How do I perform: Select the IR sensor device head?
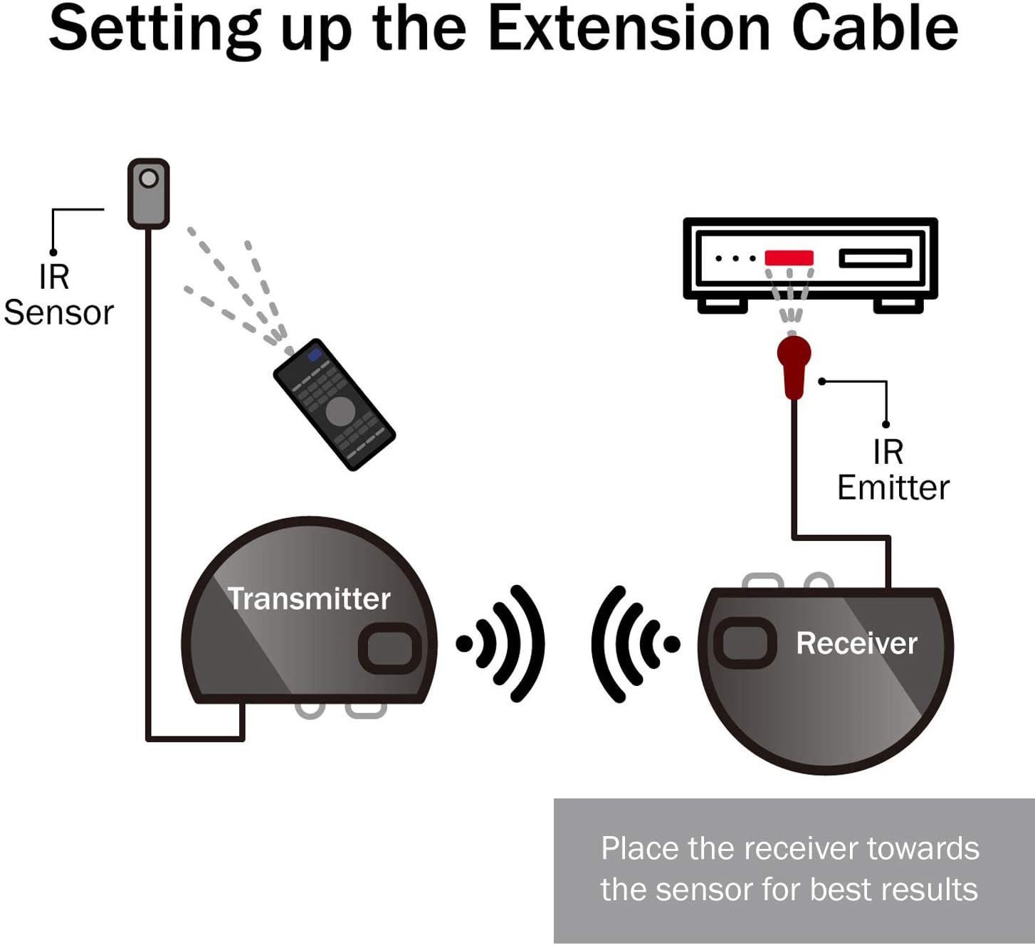[148, 193]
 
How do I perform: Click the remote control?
[334, 404]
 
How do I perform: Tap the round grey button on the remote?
[340, 411]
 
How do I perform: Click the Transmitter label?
[309, 598]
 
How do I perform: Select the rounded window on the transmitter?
[389, 648]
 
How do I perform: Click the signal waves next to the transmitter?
[503, 643]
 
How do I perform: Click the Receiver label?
[856, 643]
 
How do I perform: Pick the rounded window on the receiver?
[744, 643]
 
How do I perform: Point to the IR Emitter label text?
[893, 470]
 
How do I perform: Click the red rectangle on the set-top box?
[789, 258]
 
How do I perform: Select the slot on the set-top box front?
[875, 258]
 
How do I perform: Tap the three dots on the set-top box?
[735, 258]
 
